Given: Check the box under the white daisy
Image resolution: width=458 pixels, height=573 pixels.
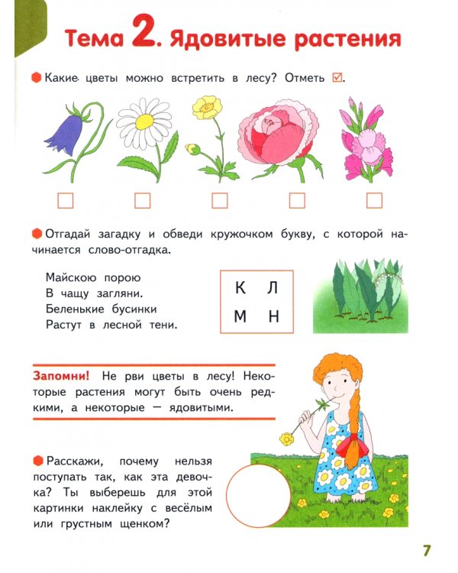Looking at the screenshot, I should tap(142, 200).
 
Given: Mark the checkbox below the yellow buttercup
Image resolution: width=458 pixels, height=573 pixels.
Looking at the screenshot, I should tap(220, 200).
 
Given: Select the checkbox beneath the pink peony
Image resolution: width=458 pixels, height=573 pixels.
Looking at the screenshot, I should tap(297, 200).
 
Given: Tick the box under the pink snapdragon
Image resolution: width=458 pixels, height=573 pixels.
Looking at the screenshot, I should tap(374, 200).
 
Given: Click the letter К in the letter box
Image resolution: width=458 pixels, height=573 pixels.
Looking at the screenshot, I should tap(240, 288).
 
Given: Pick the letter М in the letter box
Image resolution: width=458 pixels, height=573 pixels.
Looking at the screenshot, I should tap(240, 317).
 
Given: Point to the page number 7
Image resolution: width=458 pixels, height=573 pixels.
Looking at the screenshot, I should tap(427, 549).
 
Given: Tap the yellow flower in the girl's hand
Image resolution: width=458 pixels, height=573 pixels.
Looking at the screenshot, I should tap(287, 438).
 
